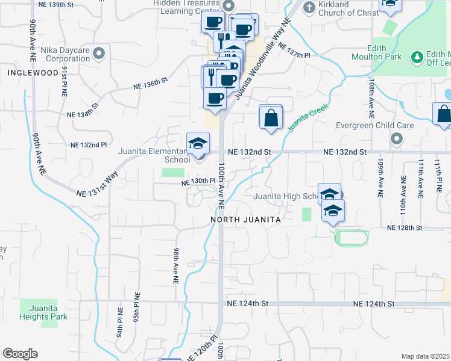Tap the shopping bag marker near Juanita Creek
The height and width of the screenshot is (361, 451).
[271, 117]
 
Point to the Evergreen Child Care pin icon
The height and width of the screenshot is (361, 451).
[396, 139]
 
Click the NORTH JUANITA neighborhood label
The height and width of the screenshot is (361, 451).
[246, 220]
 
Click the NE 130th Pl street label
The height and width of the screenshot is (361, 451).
[200, 180]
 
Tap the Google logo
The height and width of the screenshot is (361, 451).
[20, 354]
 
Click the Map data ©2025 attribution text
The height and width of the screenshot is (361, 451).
[425, 356]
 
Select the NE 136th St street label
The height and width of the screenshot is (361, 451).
[151, 84]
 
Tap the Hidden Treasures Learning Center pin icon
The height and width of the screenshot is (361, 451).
[228, 6]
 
